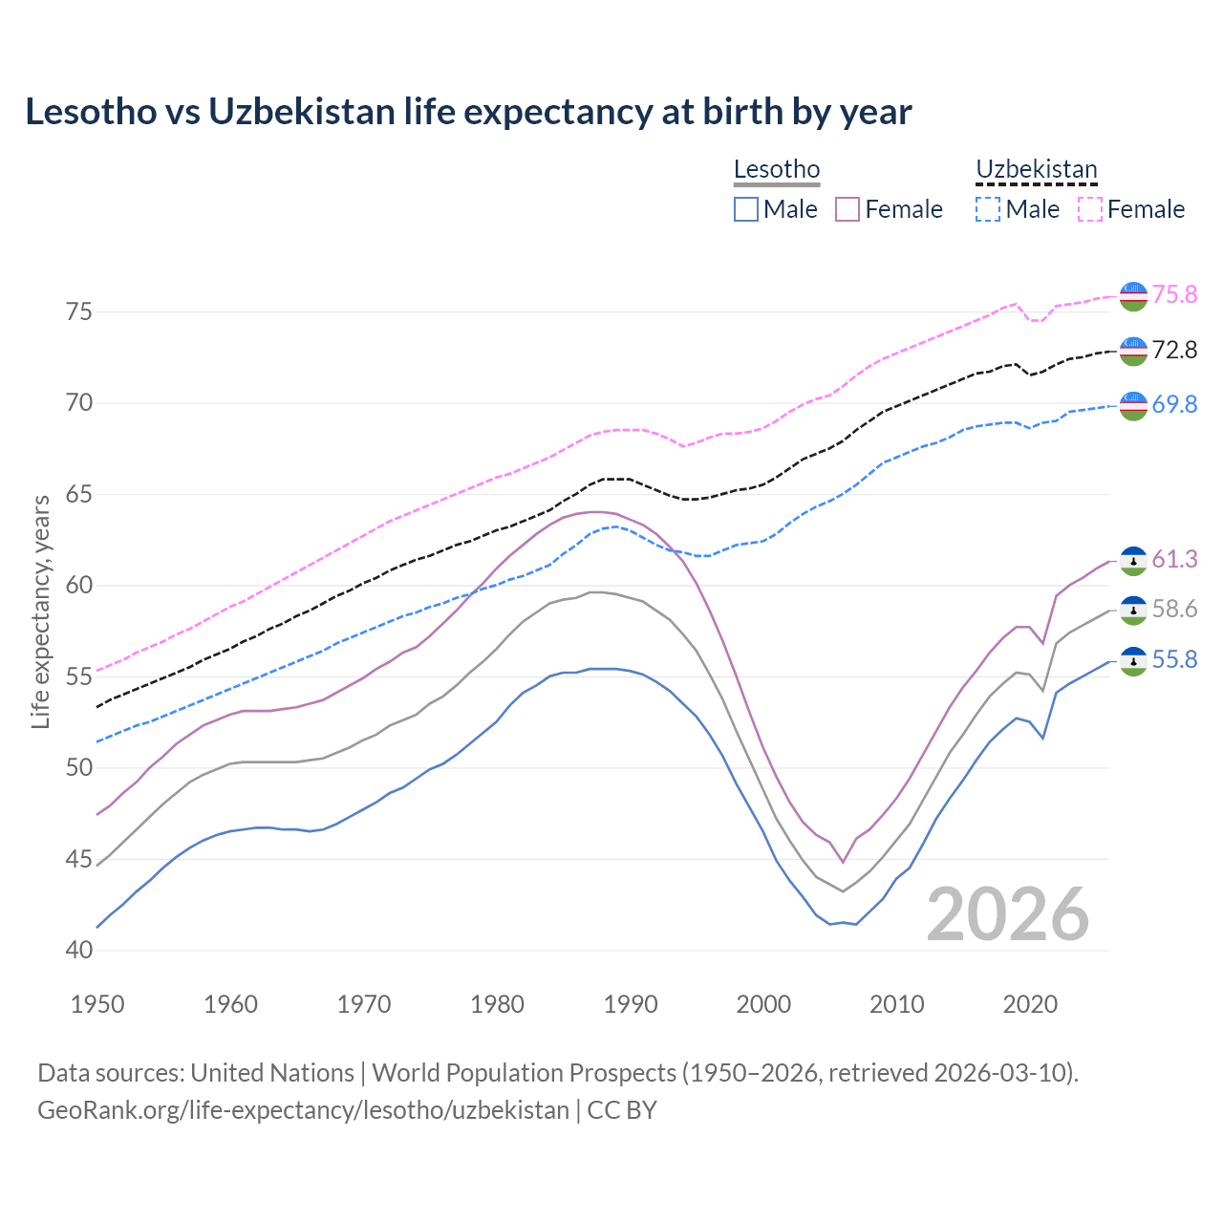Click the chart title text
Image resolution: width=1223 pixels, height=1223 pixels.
coord(468,112)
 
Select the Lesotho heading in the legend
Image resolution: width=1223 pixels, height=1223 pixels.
coord(776,169)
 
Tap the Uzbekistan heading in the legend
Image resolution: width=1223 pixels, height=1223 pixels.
coord(1036,169)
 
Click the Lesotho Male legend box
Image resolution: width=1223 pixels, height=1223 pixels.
coord(746,209)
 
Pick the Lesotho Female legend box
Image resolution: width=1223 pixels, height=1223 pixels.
coord(848,209)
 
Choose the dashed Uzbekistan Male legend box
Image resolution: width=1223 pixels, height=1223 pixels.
coord(988,209)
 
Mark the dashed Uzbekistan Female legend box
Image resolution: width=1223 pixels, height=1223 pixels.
coord(1090,209)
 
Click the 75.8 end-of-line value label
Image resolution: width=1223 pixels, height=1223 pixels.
coord(1174,294)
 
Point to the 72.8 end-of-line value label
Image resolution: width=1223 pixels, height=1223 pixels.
coord(1174,350)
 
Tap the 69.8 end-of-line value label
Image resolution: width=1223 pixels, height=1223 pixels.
coord(1174,404)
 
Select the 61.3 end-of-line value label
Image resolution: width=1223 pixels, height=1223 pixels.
coord(1174,559)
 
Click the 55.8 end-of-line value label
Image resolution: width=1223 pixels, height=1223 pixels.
coord(1174,660)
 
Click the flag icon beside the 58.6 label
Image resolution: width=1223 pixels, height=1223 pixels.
coord(1133,610)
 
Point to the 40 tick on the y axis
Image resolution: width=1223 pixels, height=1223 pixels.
coord(79,951)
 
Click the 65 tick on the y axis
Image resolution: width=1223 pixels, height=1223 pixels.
coord(79,495)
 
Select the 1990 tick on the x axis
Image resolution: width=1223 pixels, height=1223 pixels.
coord(631,1004)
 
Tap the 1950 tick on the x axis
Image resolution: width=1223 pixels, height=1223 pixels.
coord(98,1004)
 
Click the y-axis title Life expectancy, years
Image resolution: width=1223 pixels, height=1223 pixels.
coord(41,611)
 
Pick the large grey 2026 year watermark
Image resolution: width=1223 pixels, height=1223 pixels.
coord(1008,914)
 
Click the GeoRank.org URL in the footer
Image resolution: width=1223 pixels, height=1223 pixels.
coord(303,1110)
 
